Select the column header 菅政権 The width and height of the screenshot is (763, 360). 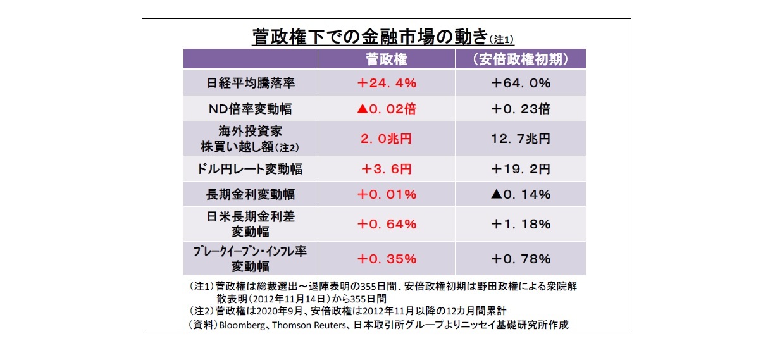(x=386, y=59)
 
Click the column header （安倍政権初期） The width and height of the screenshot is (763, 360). (x=520, y=59)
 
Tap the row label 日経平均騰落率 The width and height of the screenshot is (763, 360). (x=250, y=83)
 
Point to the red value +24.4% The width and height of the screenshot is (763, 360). (x=386, y=83)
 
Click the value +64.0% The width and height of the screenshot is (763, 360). (x=520, y=83)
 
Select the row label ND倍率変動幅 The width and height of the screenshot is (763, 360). (x=250, y=109)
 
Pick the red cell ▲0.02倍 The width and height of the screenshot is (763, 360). (x=386, y=109)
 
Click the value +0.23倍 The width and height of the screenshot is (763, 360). (x=520, y=109)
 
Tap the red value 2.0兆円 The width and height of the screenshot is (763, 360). (x=386, y=139)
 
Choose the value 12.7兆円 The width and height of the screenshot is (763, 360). (x=520, y=139)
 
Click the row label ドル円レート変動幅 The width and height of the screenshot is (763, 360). (x=250, y=169)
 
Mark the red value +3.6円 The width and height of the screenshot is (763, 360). (x=386, y=169)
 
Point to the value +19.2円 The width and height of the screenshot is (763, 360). (x=520, y=169)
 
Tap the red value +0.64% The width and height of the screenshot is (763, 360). (x=386, y=224)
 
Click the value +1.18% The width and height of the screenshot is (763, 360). (x=520, y=224)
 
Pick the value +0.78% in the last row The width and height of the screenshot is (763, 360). (x=520, y=259)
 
